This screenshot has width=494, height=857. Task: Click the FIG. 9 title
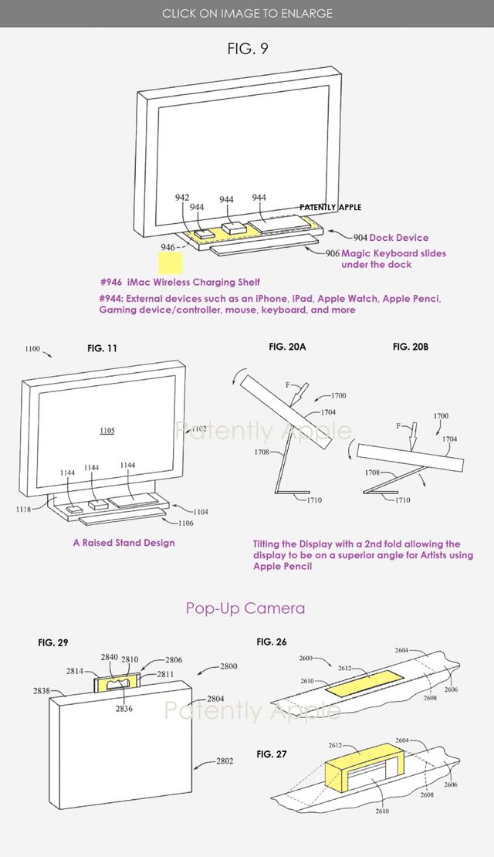[x=247, y=49]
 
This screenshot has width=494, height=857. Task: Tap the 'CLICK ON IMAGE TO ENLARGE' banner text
[x=247, y=13]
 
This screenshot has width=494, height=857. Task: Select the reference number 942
[x=182, y=198]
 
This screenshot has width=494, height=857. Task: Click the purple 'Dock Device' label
[x=398, y=238]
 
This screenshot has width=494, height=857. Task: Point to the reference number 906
[x=332, y=253]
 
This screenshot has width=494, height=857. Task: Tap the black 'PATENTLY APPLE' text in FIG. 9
[x=330, y=208]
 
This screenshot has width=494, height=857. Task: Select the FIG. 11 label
[x=102, y=349]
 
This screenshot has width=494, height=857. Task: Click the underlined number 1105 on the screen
[x=107, y=430]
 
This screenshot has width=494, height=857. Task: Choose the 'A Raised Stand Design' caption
[x=123, y=543]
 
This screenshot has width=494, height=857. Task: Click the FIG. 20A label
[x=287, y=347]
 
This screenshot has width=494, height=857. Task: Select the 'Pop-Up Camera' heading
[x=245, y=608]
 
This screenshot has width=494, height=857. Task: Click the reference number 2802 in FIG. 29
[x=224, y=761]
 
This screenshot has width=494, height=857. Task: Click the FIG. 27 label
[x=272, y=754]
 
